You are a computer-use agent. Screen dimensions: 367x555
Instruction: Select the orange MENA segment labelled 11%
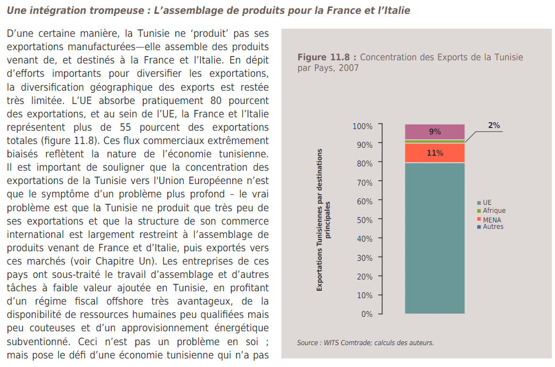[435, 153]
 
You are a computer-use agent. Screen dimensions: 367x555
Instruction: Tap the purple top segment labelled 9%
[435, 132]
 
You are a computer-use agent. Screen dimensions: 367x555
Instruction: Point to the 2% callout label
[494, 125]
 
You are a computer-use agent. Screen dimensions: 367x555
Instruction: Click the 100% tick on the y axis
[363, 126]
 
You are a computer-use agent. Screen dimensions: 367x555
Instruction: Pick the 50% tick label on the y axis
[365, 220]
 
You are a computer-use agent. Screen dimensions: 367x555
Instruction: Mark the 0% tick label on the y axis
[367, 314]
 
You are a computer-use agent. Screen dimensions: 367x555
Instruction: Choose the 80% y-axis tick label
[365, 163]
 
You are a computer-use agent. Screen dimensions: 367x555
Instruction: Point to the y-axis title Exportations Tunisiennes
[323, 220]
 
